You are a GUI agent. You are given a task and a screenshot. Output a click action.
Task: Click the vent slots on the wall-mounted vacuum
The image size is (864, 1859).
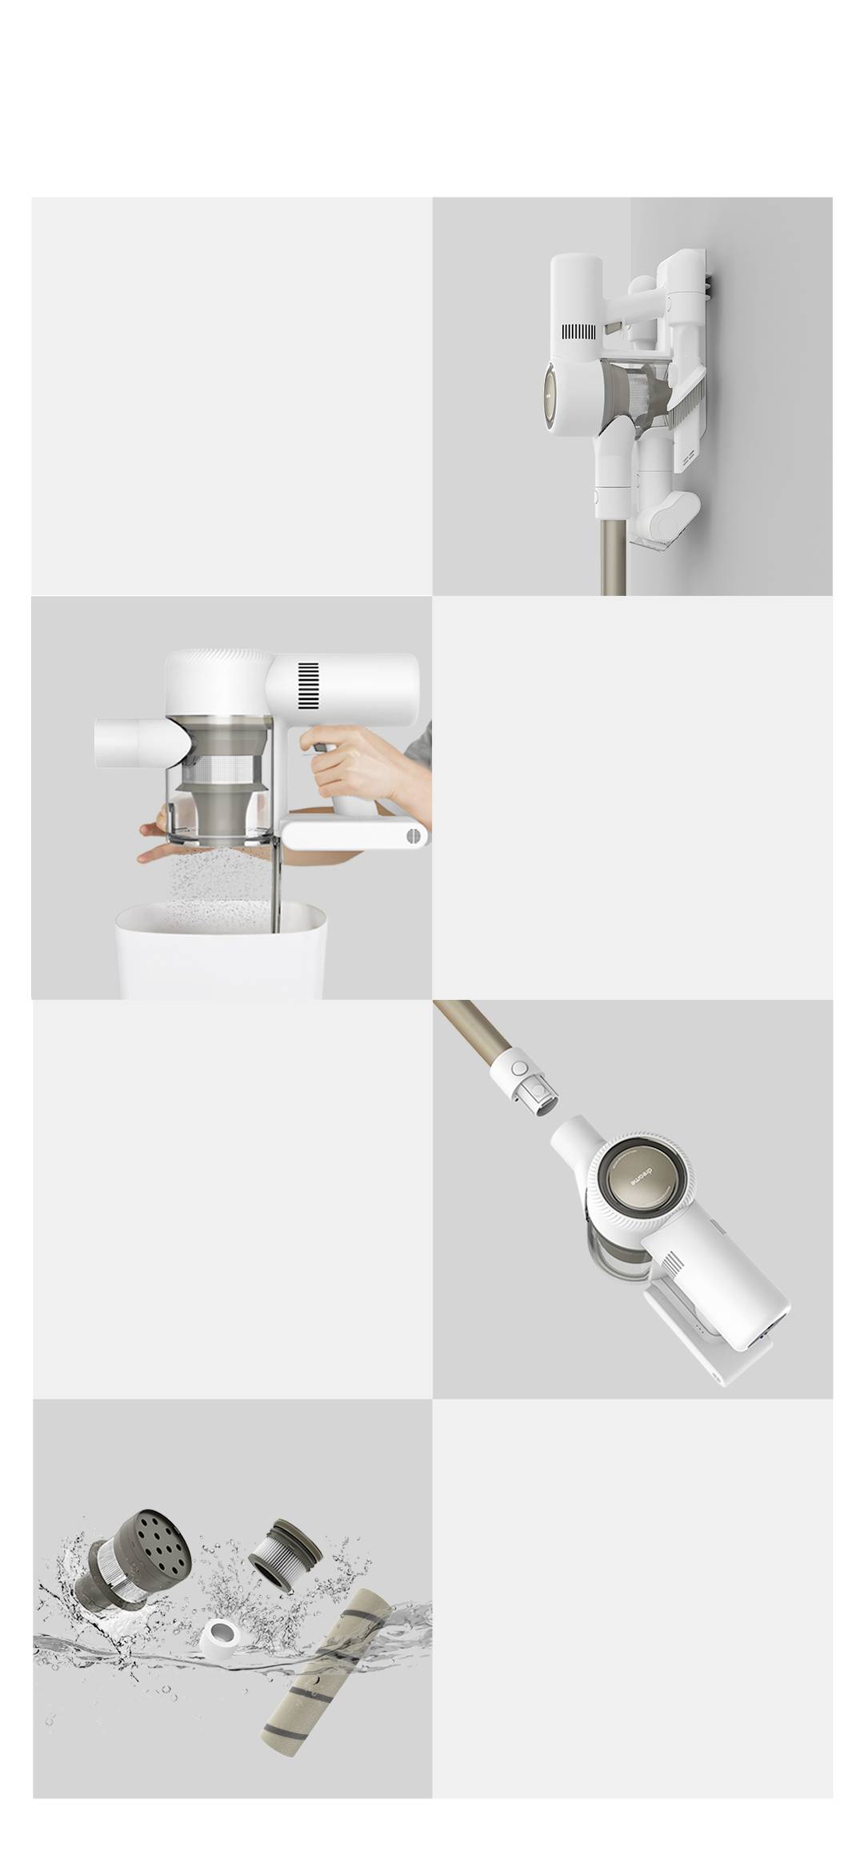pos(579,332)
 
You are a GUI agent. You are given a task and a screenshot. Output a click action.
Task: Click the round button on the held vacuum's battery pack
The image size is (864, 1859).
pos(413,836)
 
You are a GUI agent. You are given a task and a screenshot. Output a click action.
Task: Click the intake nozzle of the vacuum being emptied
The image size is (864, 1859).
pos(132,741)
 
